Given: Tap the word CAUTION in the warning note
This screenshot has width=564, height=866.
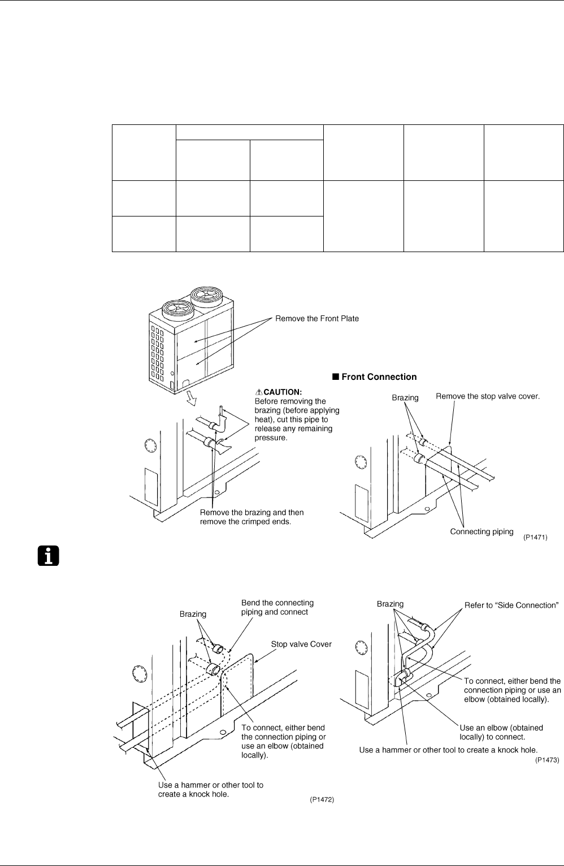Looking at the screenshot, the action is click(x=283, y=392).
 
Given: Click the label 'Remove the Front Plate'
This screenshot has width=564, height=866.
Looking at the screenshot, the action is click(x=317, y=319).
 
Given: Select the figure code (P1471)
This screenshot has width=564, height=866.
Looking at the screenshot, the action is click(x=535, y=538).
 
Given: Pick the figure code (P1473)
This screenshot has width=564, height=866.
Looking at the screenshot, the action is click(x=547, y=760).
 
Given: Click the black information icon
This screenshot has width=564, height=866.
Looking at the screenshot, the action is click(x=49, y=556).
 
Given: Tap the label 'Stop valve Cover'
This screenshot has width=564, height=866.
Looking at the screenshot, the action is click(x=301, y=644).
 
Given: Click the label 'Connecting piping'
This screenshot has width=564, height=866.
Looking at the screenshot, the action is click(x=481, y=531).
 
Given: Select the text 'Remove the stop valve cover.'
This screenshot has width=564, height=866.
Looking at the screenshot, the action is click(x=488, y=396).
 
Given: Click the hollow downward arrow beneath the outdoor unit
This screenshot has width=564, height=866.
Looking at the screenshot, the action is click(x=191, y=399).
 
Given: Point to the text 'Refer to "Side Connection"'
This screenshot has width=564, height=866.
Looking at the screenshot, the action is click(x=511, y=605).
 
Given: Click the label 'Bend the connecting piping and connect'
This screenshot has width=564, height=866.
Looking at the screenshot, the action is click(x=277, y=607).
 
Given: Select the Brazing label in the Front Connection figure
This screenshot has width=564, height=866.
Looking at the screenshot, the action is click(x=405, y=398).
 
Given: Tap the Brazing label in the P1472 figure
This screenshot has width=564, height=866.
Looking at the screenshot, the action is click(x=193, y=614).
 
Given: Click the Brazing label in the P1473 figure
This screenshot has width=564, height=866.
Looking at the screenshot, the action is click(x=390, y=604).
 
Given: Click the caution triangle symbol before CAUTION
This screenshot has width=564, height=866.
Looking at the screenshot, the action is click(x=259, y=392).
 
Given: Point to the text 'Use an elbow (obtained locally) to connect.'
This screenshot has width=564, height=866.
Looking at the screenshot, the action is click(x=501, y=732).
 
